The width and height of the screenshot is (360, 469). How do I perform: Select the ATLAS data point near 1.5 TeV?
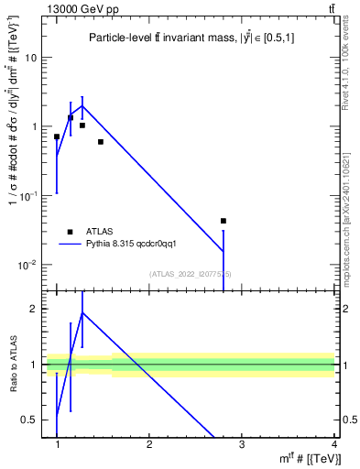101,142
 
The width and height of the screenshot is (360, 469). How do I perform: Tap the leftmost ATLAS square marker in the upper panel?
57,136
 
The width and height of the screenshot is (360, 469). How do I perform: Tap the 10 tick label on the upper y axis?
31,57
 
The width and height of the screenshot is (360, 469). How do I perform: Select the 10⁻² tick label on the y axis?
29,266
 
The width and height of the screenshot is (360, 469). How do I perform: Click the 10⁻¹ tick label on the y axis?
29,196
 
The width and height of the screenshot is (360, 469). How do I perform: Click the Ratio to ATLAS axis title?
13,362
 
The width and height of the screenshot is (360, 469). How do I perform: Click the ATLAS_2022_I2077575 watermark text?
191,274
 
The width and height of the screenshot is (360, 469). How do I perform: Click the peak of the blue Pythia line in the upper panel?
82,106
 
